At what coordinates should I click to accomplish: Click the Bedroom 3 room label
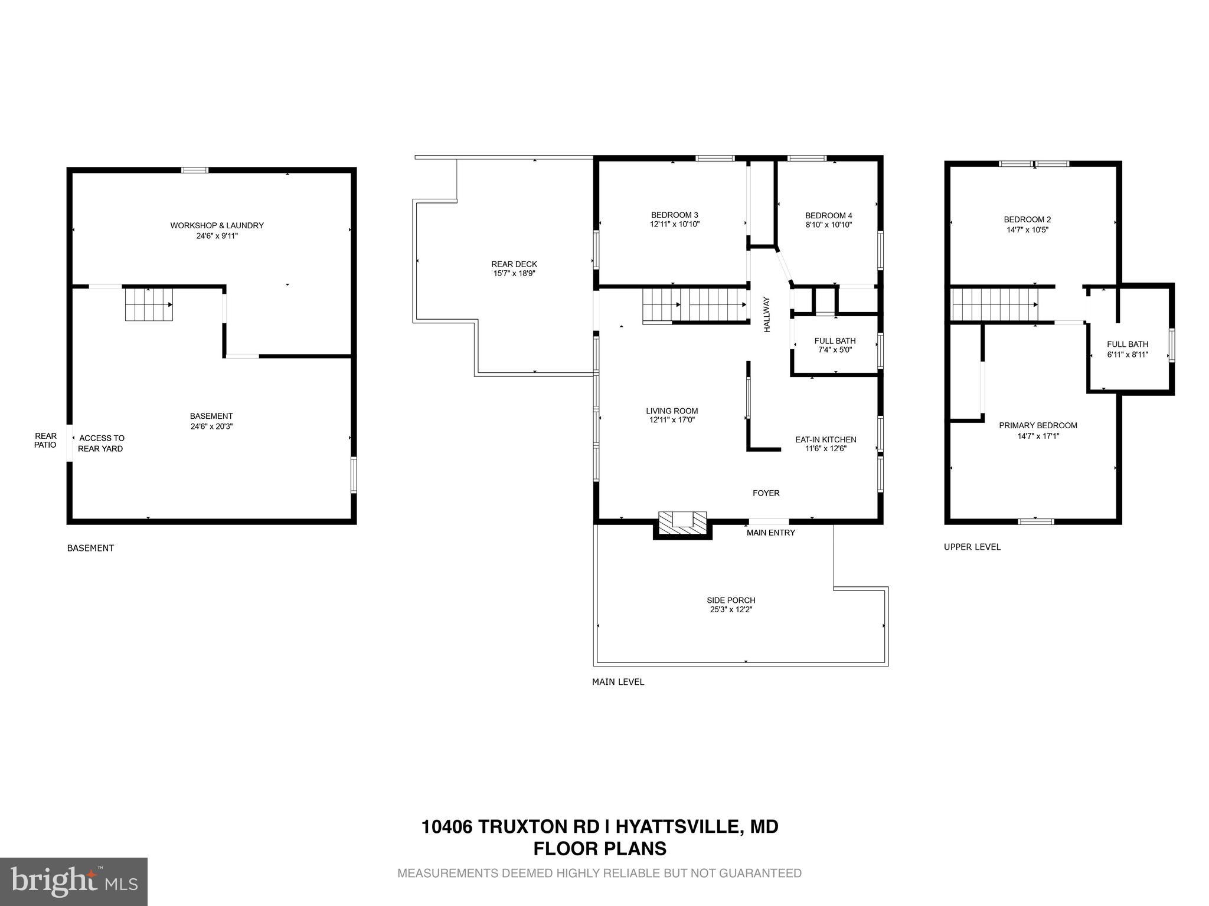tap(674, 215)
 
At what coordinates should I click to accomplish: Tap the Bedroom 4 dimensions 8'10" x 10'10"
tap(828, 225)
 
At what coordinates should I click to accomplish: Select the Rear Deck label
tap(514, 264)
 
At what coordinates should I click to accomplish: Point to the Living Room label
tap(672, 411)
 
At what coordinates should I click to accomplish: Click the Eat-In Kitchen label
tap(825, 439)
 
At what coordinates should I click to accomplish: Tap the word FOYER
tap(766, 493)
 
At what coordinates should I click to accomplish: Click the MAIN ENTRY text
tap(770, 533)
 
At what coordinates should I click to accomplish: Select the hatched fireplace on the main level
tap(682, 522)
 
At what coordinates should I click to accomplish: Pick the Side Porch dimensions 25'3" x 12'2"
tap(731, 610)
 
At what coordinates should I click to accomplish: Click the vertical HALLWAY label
tap(767, 314)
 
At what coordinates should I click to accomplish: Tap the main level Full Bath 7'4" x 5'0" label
tap(835, 345)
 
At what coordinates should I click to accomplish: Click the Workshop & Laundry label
tap(217, 225)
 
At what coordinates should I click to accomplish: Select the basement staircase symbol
tap(149, 304)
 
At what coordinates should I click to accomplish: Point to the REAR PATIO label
tap(45, 440)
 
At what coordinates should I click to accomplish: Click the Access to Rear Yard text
tap(101, 443)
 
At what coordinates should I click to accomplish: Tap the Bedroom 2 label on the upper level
tap(1027, 219)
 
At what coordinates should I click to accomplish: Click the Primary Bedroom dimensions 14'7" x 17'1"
tap(1038, 436)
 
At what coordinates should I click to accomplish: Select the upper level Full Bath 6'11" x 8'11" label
tap(1127, 349)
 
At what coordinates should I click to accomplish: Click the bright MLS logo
tap(74, 881)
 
